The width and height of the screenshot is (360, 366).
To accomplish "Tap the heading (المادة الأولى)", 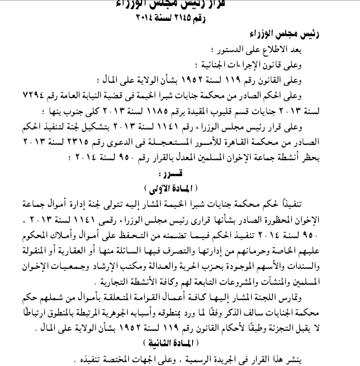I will [181, 183].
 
